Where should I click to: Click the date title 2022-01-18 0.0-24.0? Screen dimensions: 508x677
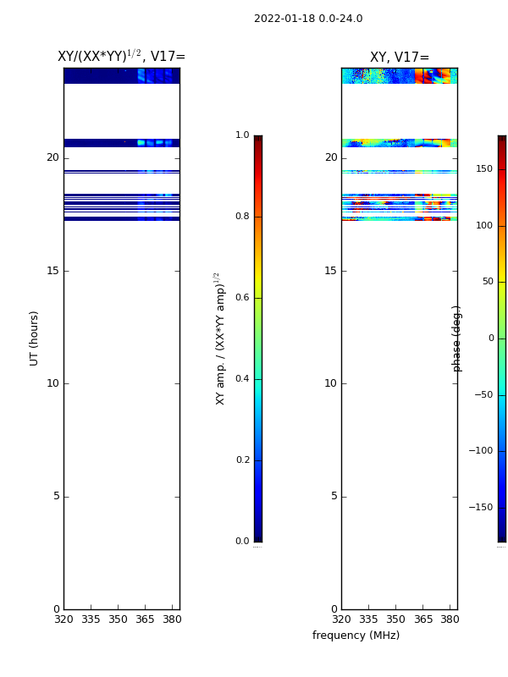(308, 19)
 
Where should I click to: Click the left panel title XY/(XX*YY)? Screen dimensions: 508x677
(99, 56)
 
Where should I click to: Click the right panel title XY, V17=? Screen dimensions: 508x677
(400, 57)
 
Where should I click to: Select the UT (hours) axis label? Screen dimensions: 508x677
(34, 338)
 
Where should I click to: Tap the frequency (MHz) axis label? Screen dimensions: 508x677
(356, 636)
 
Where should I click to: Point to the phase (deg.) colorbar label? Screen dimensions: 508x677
(456, 339)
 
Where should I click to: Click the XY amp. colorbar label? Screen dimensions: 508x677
(220, 338)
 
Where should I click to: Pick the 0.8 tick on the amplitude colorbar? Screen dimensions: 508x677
(242, 217)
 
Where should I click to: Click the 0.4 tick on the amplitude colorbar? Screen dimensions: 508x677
(242, 378)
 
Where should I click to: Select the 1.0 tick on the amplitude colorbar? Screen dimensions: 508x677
(242, 135)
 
